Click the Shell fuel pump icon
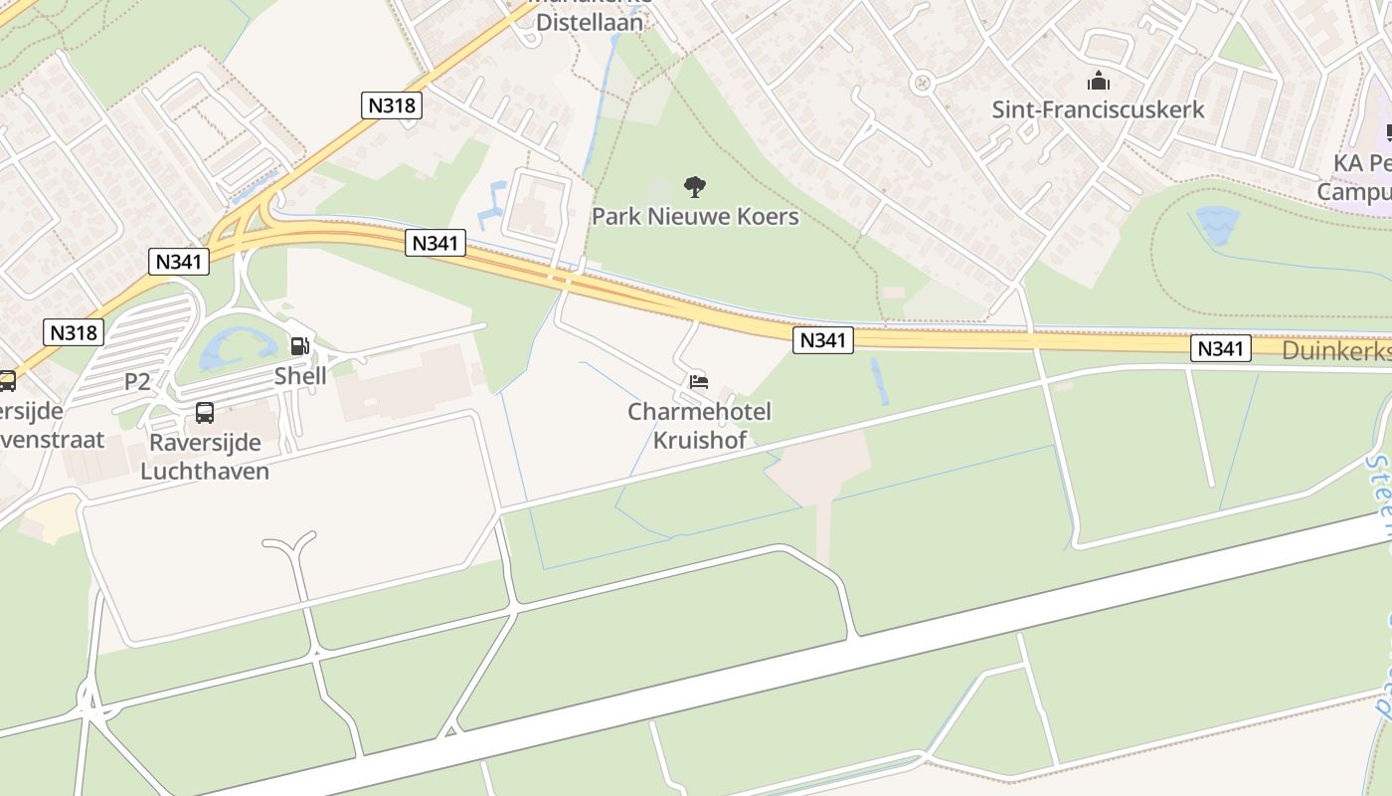[x=299, y=346]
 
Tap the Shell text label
[x=300, y=376]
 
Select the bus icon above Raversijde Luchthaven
[x=205, y=412]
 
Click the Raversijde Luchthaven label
[x=205, y=457]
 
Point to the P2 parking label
[x=137, y=381]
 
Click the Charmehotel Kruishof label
[x=699, y=425]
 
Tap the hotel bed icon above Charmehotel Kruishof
[x=699, y=381]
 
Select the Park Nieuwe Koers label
[x=695, y=216]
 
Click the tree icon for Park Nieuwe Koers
[x=695, y=186]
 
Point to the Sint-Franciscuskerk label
[x=1098, y=109]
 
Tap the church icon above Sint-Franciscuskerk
[x=1099, y=81]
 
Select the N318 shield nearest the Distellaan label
[x=391, y=105]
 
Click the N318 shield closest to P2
[x=74, y=332]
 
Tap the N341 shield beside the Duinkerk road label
[x=1220, y=348]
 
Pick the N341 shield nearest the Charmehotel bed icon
[x=823, y=341]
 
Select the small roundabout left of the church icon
[x=922, y=84]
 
